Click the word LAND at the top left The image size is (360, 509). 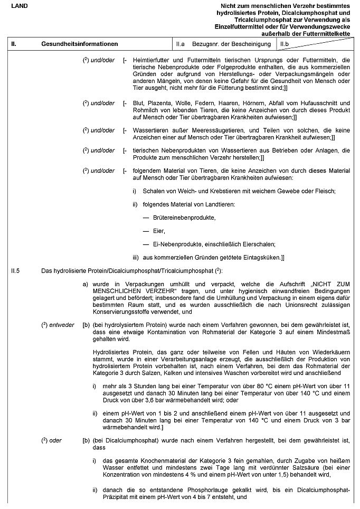point(20,5)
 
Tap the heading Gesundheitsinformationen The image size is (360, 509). point(79,44)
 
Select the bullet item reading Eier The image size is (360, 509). point(159,231)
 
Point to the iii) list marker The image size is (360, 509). point(136,257)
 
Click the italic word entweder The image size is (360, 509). point(62,324)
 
